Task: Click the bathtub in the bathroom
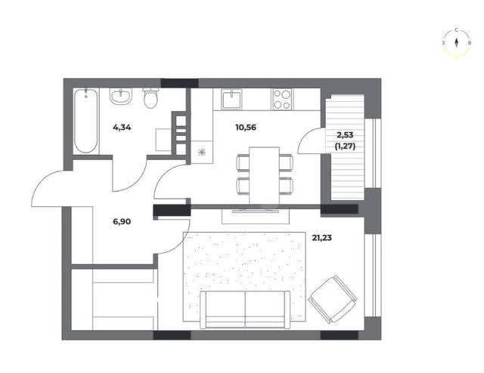pyautogui.click(x=86, y=121)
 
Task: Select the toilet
pyautogui.click(x=150, y=97)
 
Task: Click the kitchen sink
pyautogui.click(x=231, y=99)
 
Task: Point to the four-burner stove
pyautogui.click(x=282, y=99)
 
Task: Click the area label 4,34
pyautogui.click(x=122, y=127)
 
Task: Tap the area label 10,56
pyautogui.click(x=246, y=127)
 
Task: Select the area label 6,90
pyautogui.click(x=122, y=221)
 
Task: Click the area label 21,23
pyautogui.click(x=322, y=238)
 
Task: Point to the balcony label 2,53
pyautogui.click(x=345, y=135)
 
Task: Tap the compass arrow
pyautogui.click(x=457, y=42)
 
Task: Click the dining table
pyautogui.click(x=265, y=175)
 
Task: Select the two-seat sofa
pyautogui.click(x=245, y=310)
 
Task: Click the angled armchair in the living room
pyautogui.click(x=333, y=299)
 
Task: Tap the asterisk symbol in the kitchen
pyautogui.click(x=202, y=152)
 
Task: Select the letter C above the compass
pyautogui.click(x=456, y=30)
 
